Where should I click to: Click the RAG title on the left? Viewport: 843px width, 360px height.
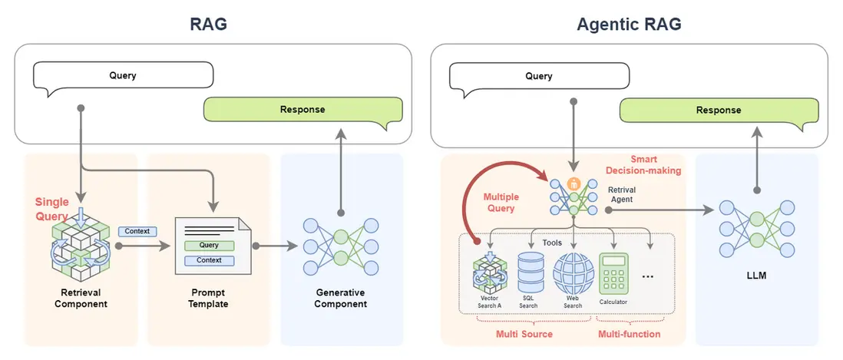(x=209, y=24)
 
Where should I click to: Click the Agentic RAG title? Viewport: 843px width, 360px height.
(x=629, y=24)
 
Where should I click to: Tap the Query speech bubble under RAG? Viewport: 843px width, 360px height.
(x=123, y=76)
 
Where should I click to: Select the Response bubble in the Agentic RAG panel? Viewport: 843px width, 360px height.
(x=718, y=110)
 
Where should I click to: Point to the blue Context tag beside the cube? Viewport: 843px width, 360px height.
(x=138, y=231)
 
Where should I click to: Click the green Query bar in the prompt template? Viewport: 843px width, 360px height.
(x=209, y=246)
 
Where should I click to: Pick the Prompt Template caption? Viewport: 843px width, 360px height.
(x=209, y=299)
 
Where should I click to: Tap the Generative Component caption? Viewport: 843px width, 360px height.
(x=341, y=299)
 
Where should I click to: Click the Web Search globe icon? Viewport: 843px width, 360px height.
(x=573, y=272)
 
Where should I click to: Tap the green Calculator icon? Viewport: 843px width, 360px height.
(x=613, y=273)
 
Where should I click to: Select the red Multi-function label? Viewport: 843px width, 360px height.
(x=629, y=334)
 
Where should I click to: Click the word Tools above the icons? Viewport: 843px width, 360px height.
(x=553, y=243)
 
